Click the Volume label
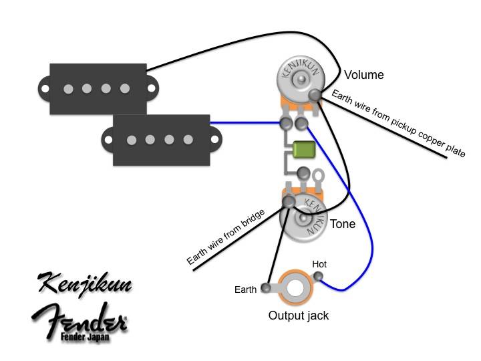[364, 75]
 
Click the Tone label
[343, 224]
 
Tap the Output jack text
[299, 315]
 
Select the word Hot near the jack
[319, 265]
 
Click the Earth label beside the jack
[246, 289]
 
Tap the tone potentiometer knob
[307, 218]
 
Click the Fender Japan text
[88, 336]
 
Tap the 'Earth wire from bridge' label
[227, 237]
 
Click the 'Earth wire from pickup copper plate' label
[398, 122]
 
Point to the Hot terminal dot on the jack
[319, 277]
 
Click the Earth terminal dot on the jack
[267, 288]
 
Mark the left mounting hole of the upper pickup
[43, 88]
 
